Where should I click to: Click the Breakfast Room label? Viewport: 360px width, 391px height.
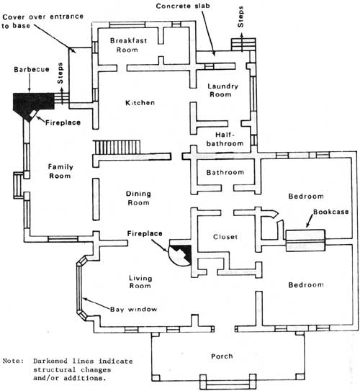(128, 45)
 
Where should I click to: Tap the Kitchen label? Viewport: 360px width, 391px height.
(140, 102)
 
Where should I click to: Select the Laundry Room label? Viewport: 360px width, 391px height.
(222, 90)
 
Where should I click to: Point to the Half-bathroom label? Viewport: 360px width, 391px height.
(225, 139)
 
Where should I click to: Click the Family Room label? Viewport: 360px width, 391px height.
(60, 171)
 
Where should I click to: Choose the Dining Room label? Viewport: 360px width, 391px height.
(138, 198)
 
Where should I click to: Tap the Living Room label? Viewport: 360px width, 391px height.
(140, 282)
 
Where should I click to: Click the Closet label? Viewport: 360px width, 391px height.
(225, 237)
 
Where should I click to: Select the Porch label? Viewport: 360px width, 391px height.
(222, 356)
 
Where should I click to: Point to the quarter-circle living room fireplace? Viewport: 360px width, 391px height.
(180, 255)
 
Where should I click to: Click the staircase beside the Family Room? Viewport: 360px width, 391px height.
(117, 148)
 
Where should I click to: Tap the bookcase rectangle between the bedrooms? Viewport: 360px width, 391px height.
(305, 241)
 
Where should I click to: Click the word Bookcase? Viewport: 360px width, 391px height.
(330, 212)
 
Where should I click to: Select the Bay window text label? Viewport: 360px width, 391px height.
(133, 310)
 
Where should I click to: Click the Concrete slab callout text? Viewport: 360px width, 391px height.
(183, 6)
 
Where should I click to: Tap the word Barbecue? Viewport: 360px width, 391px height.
(32, 69)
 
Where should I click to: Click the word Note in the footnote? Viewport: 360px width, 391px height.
(13, 361)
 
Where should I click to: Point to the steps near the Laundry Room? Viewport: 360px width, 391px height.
(243, 45)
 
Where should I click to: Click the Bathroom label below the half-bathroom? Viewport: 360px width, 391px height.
(225, 172)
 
